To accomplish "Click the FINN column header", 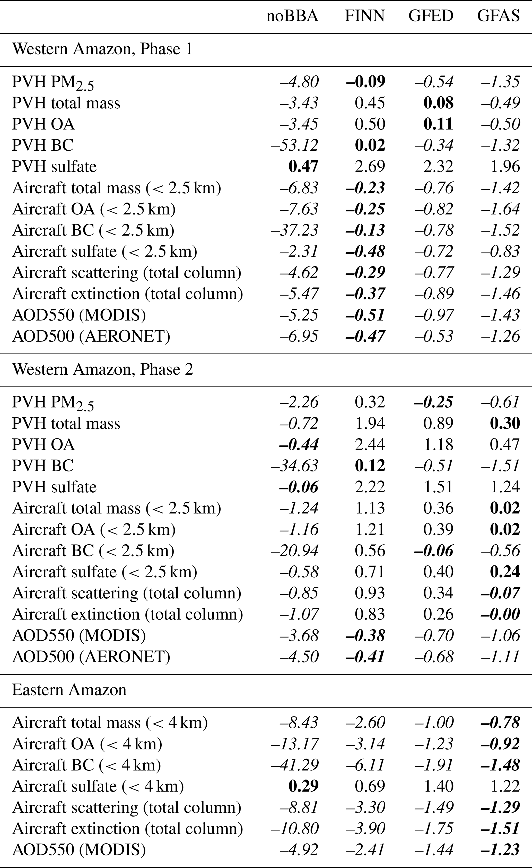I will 364,16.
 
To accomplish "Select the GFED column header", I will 431,16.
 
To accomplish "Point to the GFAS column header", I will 498,16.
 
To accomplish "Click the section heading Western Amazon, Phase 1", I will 102,49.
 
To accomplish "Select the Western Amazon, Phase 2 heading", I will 102,369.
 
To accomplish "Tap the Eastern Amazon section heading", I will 69,690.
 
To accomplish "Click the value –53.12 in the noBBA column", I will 294,145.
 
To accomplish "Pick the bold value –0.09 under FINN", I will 365,82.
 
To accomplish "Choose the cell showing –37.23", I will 294,230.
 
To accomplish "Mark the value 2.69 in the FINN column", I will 370,166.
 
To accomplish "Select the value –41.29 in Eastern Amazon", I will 294,765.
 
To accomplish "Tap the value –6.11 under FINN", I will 365,765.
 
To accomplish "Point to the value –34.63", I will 294,466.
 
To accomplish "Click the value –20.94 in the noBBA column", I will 294,551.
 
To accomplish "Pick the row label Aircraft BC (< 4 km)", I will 87,765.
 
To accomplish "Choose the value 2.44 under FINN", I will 370,445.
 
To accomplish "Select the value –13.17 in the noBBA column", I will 294,744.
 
